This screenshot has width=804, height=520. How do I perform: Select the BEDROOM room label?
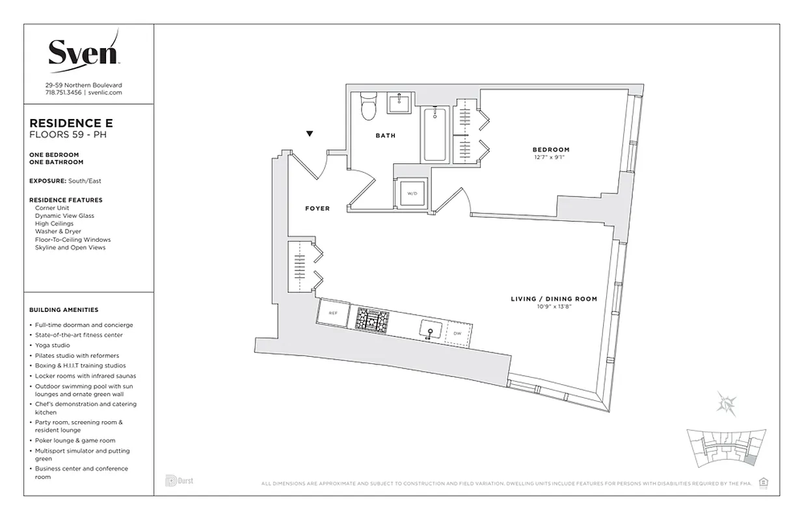550,149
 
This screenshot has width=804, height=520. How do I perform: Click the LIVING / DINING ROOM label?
554,299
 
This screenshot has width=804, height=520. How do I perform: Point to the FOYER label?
317,209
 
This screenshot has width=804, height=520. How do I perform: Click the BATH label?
385,136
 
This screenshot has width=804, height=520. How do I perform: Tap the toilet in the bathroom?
369,105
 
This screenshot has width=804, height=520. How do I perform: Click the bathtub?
435,134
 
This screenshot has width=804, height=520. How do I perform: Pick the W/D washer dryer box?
411,193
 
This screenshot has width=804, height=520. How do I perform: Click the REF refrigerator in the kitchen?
332,313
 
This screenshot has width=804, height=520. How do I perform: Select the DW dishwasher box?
457,333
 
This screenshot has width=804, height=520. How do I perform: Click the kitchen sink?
429,329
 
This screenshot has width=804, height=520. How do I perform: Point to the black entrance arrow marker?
310,134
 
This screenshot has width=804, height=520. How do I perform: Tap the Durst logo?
179,481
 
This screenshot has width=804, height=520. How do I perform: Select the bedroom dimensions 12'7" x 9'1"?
550,157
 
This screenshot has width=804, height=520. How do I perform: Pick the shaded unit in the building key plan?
750,460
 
